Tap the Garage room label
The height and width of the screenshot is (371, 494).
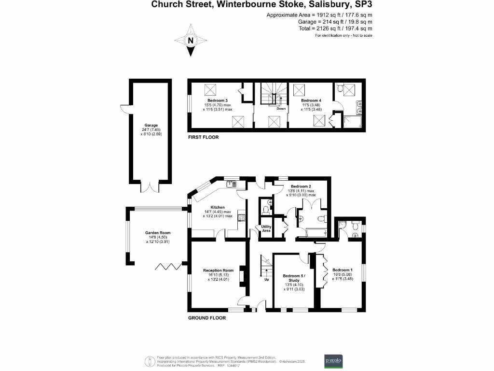(151, 125)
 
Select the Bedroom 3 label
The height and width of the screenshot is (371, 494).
(218, 100)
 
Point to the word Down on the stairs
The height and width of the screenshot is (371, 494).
(281, 109)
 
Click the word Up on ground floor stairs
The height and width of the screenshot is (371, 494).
(266, 279)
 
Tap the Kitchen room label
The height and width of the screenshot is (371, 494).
(218, 207)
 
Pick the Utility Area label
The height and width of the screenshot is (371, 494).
(266, 228)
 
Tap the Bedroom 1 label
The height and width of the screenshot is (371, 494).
(342, 270)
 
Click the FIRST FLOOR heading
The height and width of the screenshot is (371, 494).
(203, 137)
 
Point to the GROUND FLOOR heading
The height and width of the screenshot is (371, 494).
(206, 318)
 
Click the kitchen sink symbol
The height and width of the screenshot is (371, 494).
(232, 184)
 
